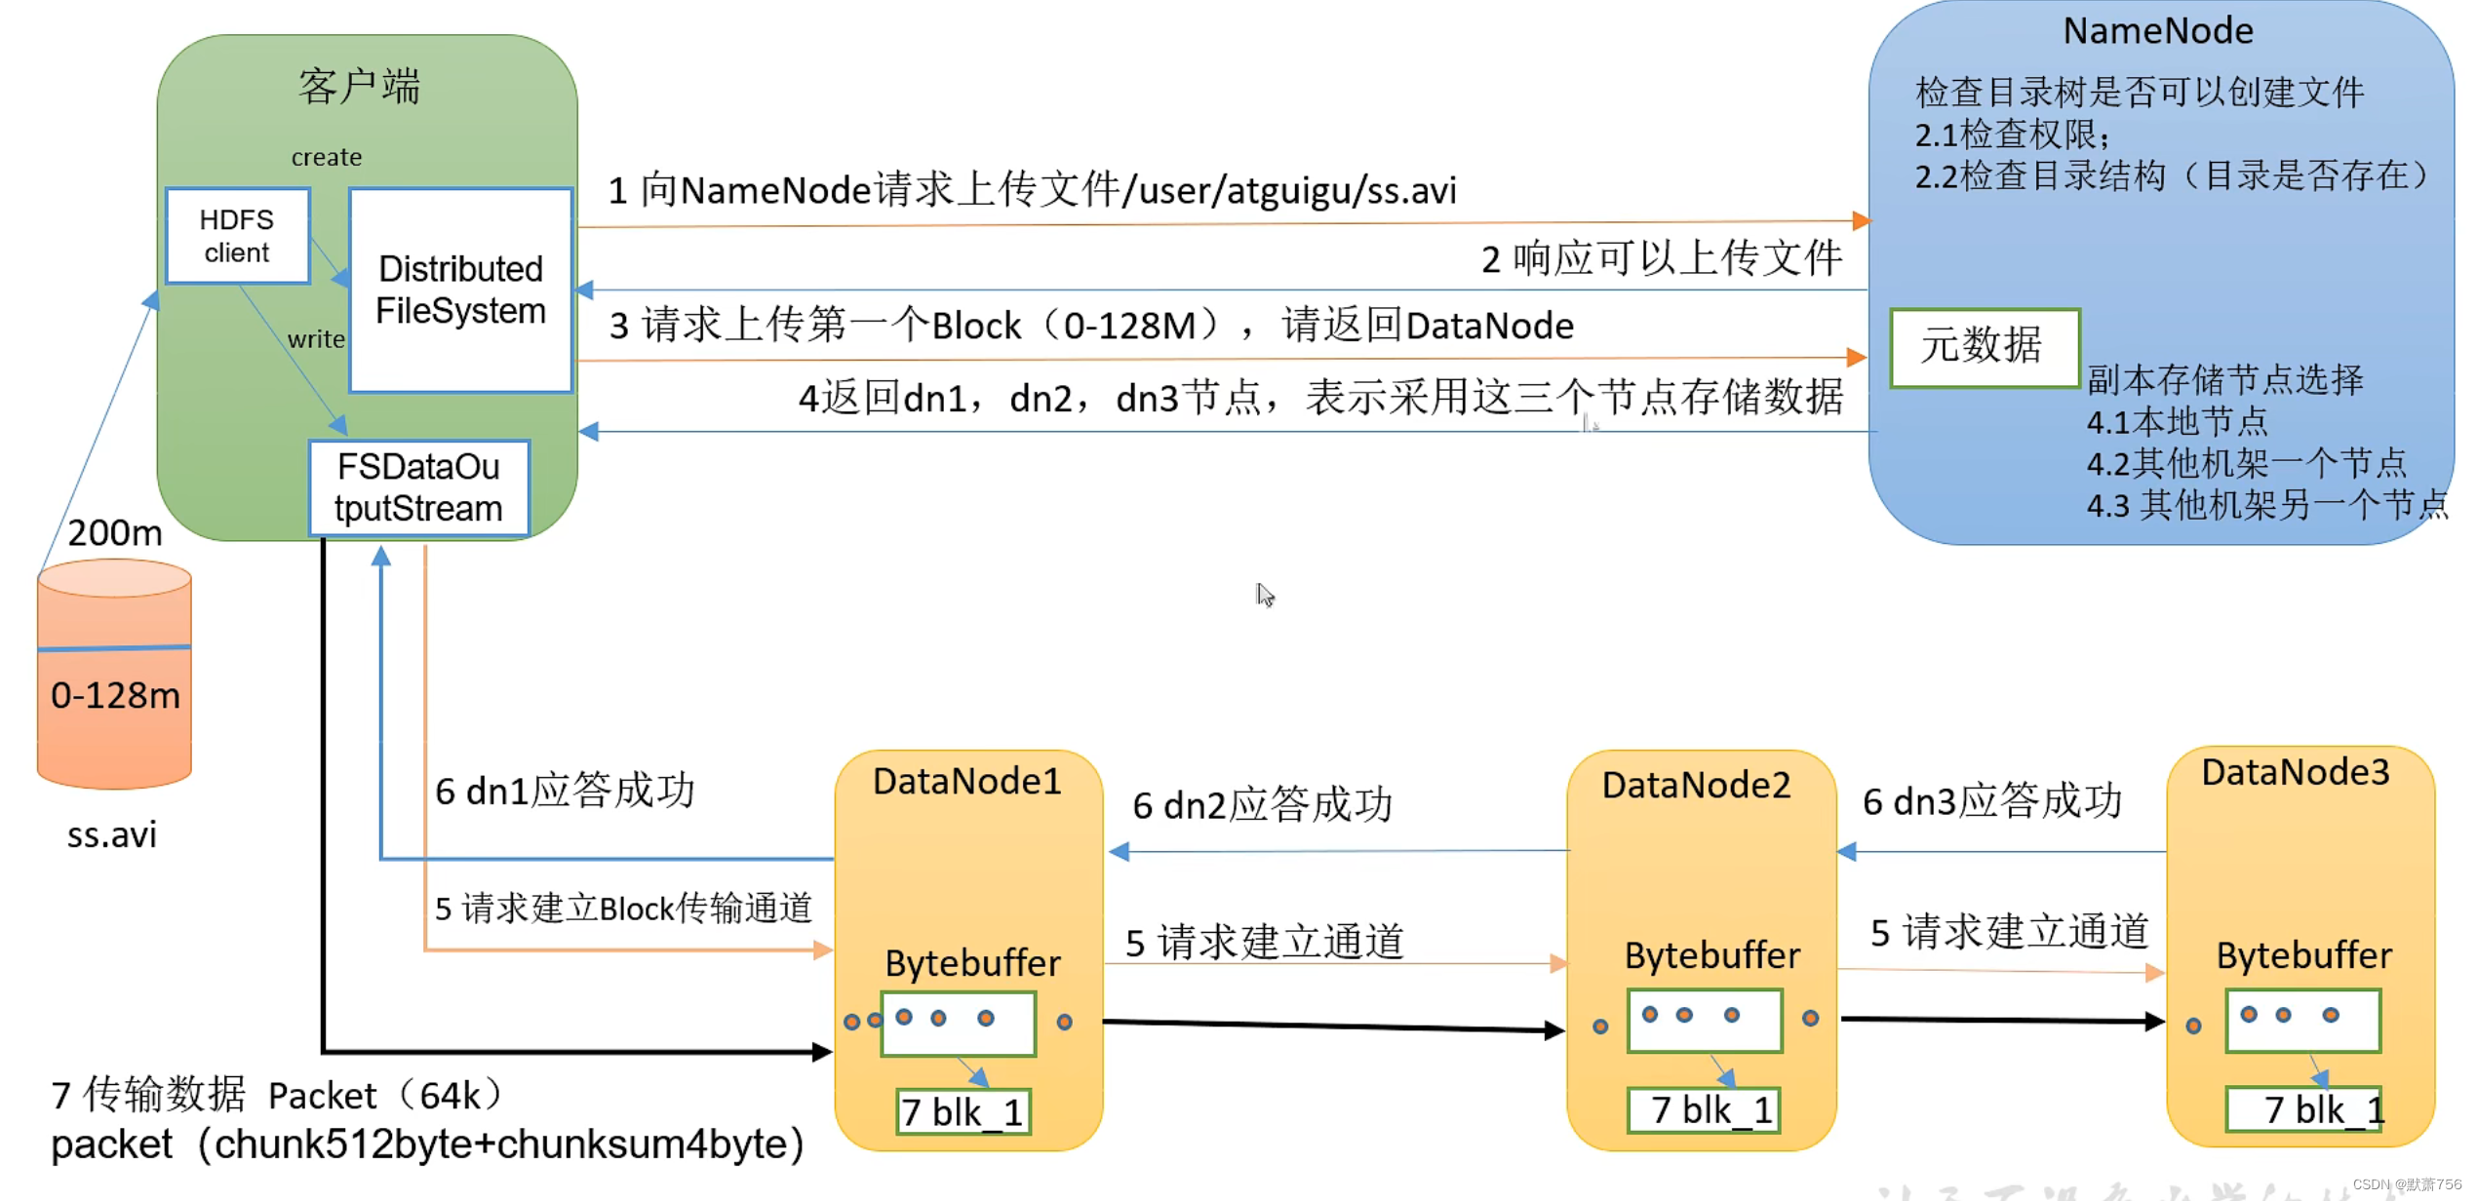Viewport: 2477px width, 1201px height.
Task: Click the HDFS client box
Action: (237, 236)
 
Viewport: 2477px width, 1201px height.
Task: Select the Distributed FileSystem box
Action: (460, 291)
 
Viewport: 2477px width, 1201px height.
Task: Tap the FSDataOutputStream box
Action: (418, 487)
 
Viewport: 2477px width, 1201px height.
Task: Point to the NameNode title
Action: (2157, 31)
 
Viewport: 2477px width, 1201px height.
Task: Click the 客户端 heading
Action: (359, 87)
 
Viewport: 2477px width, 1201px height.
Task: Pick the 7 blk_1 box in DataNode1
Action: (963, 1112)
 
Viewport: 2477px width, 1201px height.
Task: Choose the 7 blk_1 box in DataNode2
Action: (1704, 1110)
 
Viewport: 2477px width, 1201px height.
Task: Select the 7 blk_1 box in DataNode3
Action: (2303, 1109)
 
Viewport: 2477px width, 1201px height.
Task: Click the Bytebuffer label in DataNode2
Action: (1711, 955)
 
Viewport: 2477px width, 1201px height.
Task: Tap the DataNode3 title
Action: (2295, 772)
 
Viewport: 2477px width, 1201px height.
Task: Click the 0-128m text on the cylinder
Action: (115, 695)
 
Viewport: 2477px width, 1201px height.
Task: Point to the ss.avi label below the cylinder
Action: (111, 834)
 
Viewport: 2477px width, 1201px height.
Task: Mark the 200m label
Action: (114, 532)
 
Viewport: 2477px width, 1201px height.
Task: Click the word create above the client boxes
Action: (326, 157)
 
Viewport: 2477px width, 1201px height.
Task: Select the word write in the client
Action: (315, 339)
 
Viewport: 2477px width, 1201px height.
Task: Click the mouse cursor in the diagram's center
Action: (1265, 595)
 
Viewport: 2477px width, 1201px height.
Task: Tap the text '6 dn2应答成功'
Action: (1262, 805)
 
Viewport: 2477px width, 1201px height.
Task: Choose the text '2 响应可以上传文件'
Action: (1661, 259)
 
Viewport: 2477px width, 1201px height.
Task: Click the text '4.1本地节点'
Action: (2177, 422)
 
